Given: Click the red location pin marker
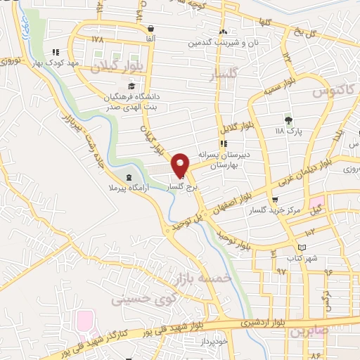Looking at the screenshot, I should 181,165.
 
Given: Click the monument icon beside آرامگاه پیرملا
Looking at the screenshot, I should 128,177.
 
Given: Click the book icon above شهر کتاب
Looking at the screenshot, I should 302,247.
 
